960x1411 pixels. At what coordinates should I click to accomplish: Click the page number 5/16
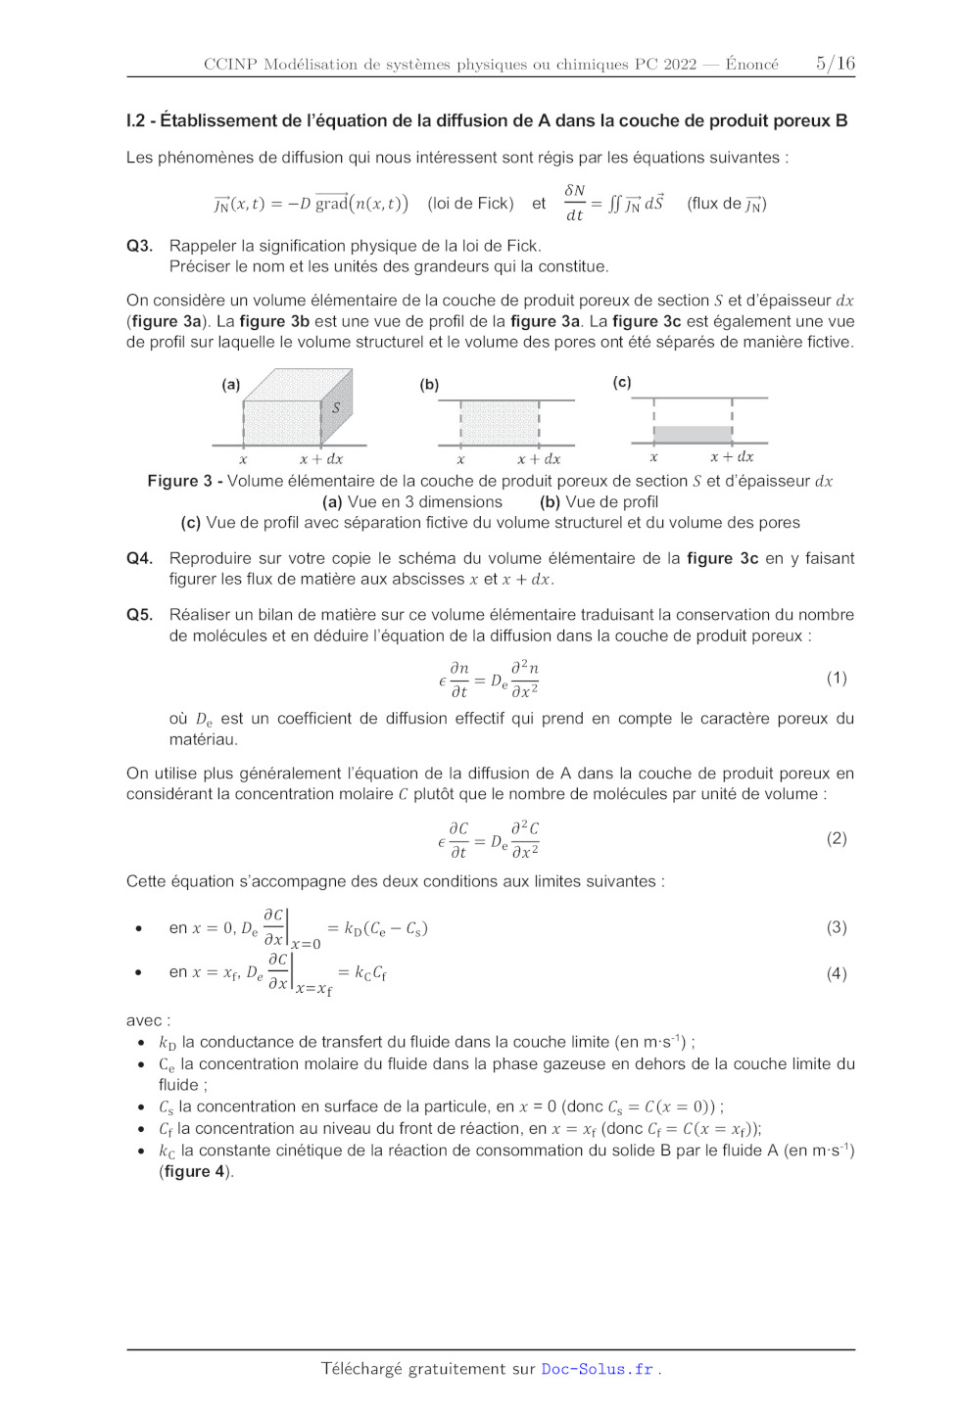tap(835, 64)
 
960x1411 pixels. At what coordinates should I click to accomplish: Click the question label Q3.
tap(139, 246)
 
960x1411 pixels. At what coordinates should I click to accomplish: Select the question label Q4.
tap(139, 558)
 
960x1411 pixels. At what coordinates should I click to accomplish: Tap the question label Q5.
tap(139, 615)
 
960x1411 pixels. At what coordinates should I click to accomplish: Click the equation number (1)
tap(836, 678)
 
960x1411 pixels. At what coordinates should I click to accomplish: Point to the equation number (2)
tap(836, 838)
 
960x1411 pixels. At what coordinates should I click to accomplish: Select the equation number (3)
tap(836, 926)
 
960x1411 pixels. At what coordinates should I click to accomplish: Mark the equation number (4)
tap(836, 973)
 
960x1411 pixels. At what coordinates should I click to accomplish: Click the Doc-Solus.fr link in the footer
tap(597, 1369)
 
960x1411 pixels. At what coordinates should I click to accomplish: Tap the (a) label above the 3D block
tap(231, 385)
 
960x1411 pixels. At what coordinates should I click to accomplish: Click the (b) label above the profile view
tap(429, 385)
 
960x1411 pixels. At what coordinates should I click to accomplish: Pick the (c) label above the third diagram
tap(622, 382)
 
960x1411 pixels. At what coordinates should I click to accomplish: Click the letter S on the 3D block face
tap(336, 407)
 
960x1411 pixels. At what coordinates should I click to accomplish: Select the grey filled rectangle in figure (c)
tap(693, 434)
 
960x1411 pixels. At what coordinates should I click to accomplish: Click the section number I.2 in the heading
tap(135, 121)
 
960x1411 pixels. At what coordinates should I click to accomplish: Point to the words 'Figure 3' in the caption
tap(179, 481)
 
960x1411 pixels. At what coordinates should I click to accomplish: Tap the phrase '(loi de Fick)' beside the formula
tap(470, 204)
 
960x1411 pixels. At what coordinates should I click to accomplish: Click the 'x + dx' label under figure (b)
tap(539, 459)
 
